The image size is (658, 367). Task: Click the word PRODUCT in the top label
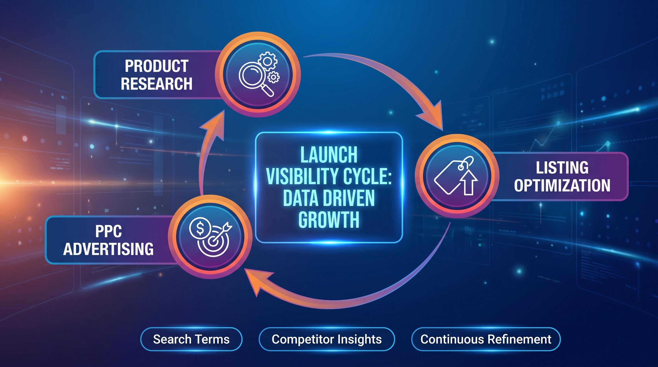pos(157,66)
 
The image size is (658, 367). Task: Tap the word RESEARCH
pos(157,83)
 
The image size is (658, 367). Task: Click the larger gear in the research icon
pos(268,61)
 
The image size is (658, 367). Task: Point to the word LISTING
pos(562,168)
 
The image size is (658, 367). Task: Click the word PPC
pos(109,231)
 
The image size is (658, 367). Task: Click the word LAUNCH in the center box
pos(329,155)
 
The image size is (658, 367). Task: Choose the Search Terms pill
pos(191,339)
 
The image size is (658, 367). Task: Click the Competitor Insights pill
pos(327,339)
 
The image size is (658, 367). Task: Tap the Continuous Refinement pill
pos(486,339)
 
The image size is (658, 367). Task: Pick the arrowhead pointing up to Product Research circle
pos(213,125)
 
